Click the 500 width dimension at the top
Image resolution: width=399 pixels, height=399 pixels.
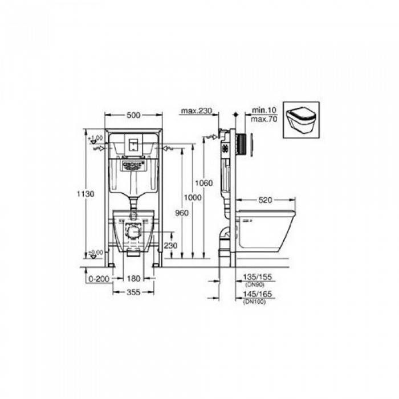tap(133, 116)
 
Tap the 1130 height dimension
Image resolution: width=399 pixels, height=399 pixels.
tap(85, 194)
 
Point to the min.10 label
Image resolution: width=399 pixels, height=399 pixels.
tap(260, 109)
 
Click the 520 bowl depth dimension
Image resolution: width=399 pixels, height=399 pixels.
tap(266, 200)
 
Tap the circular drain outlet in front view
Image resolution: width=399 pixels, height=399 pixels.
tap(133, 233)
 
